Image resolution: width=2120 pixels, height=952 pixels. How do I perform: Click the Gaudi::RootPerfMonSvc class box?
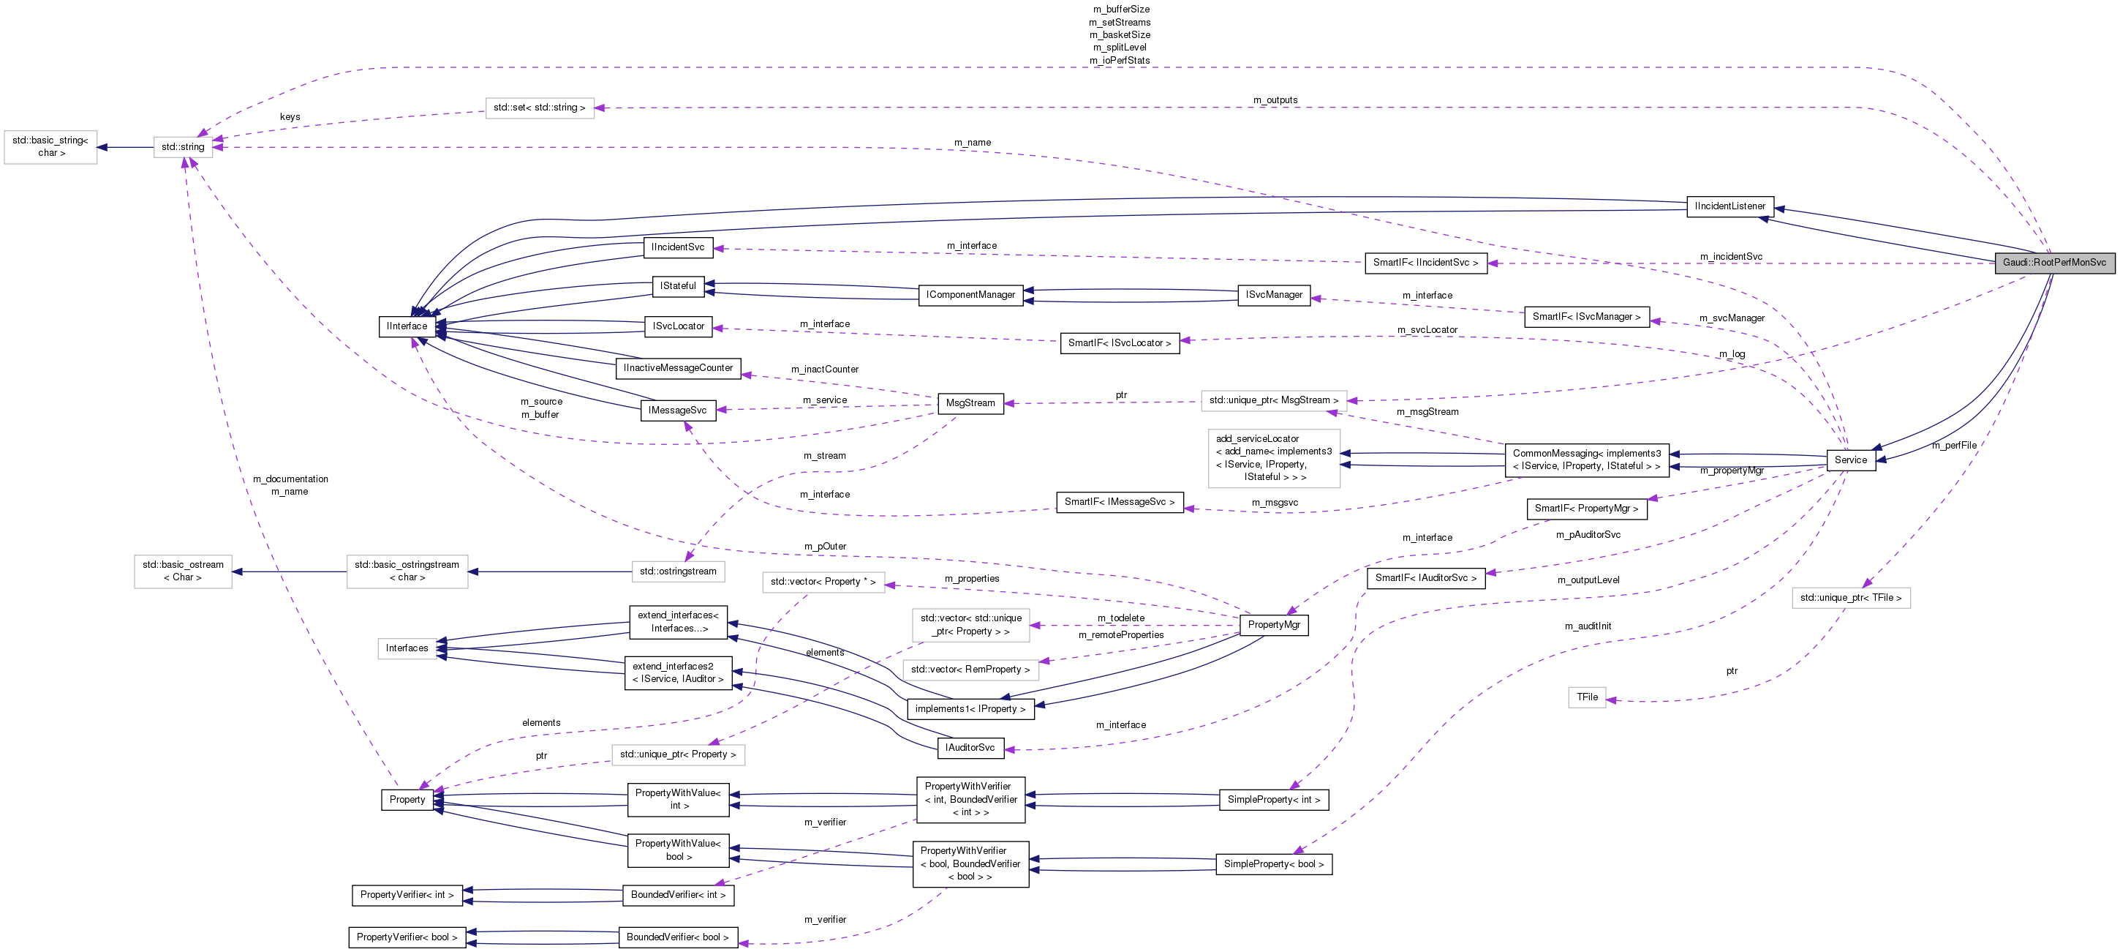pos(2053,263)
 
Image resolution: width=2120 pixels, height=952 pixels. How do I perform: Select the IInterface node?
pos(407,326)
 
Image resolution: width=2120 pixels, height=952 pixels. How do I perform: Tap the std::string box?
pos(183,147)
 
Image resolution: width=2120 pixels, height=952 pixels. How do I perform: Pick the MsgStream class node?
pos(970,403)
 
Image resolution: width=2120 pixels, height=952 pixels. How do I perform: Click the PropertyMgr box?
pos(1273,625)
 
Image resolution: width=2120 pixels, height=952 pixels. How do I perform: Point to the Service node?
pos(1850,460)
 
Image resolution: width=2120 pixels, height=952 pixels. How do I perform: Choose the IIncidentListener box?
pos(1730,206)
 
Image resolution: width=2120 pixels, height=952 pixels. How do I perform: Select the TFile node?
pos(1587,697)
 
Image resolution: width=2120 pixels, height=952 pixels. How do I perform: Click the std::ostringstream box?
pos(678,571)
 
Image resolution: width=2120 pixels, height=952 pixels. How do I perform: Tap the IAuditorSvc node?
pos(970,748)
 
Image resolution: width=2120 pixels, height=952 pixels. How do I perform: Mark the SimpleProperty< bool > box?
pos(1273,864)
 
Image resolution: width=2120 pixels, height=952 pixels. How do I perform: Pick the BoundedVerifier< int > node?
pos(678,895)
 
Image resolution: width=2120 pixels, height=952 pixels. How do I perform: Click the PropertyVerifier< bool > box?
pos(407,937)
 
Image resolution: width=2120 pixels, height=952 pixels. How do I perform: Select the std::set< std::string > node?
pos(539,108)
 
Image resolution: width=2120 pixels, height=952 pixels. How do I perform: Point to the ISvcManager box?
pos(1273,295)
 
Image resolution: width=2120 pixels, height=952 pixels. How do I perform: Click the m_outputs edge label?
pos(1275,100)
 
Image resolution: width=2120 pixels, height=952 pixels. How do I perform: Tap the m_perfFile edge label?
pos(1954,446)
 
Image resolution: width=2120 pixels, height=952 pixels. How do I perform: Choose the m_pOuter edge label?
pos(825,547)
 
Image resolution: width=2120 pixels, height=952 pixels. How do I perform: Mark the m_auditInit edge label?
pos(1588,626)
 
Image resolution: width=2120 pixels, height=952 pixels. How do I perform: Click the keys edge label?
pos(290,117)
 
